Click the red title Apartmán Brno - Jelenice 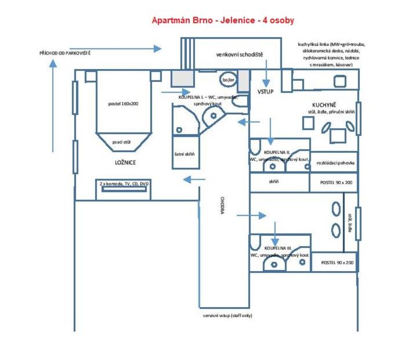(223, 20)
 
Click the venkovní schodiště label (239, 55)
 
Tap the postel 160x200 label (123, 103)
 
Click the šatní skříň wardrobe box (185, 155)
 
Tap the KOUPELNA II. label (279, 151)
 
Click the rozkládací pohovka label (334, 163)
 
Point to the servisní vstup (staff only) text (227, 315)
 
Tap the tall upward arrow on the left (53, 105)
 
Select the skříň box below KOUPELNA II (274, 182)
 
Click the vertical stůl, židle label (349, 222)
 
